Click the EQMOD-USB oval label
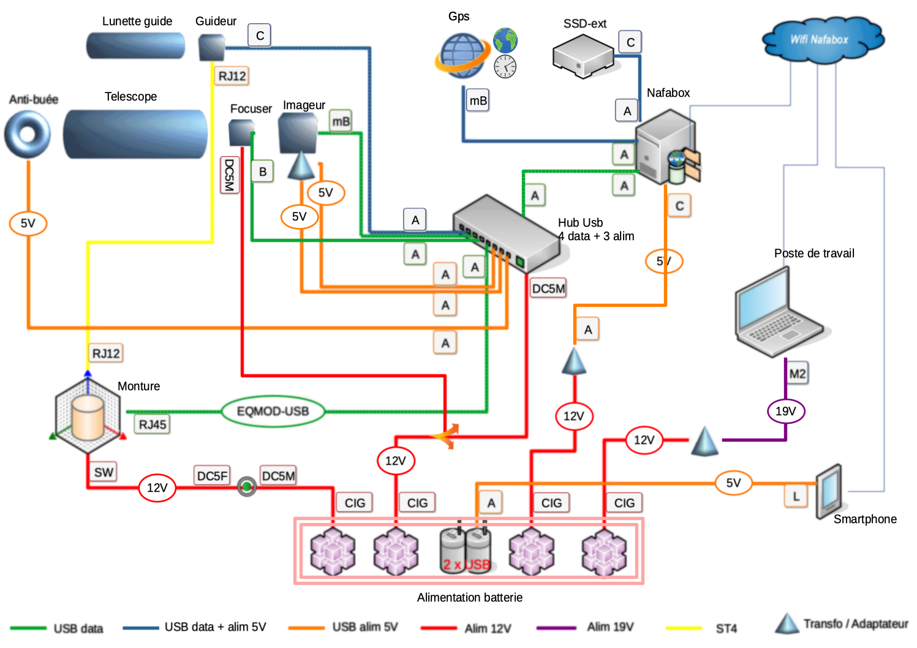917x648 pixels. (x=273, y=412)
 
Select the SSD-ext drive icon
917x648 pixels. (x=583, y=57)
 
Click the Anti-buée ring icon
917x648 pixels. (x=28, y=134)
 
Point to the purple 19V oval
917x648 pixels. (x=786, y=411)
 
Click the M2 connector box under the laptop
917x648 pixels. (x=797, y=374)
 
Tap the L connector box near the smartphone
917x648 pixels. (x=796, y=496)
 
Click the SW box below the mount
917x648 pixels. (x=104, y=472)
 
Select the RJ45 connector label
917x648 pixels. (x=152, y=424)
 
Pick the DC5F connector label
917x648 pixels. (x=212, y=476)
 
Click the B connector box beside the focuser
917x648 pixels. (x=262, y=171)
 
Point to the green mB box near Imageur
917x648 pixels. (x=341, y=121)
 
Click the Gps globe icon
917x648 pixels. (x=463, y=55)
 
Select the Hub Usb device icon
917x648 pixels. (x=506, y=233)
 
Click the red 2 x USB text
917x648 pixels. (x=467, y=565)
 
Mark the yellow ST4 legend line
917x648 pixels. (x=684, y=628)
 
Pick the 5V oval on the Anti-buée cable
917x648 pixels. (x=28, y=224)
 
